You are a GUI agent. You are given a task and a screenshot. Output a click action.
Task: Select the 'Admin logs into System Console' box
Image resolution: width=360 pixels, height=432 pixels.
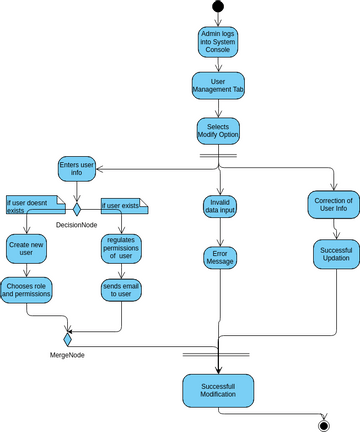click(x=217, y=43)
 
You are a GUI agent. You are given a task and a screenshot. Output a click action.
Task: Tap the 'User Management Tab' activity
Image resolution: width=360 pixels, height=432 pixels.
click(x=217, y=87)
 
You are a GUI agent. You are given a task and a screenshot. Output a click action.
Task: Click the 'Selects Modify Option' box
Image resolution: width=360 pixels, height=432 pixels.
click(x=217, y=132)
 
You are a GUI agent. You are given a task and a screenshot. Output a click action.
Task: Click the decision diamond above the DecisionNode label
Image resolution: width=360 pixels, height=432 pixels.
click(x=76, y=210)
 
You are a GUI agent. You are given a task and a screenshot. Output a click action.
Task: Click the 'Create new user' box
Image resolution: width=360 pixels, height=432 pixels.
click(x=27, y=249)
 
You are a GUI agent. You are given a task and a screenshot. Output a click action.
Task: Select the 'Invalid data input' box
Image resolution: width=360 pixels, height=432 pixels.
click(x=217, y=207)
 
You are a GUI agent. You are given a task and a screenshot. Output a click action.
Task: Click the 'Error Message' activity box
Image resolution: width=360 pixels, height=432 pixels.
click(x=217, y=259)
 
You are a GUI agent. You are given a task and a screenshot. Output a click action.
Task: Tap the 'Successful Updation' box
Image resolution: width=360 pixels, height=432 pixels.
click(x=332, y=253)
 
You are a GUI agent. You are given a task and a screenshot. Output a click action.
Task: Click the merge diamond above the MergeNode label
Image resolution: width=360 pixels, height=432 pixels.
click(x=68, y=339)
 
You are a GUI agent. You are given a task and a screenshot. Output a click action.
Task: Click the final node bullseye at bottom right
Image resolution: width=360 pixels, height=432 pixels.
click(x=323, y=423)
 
